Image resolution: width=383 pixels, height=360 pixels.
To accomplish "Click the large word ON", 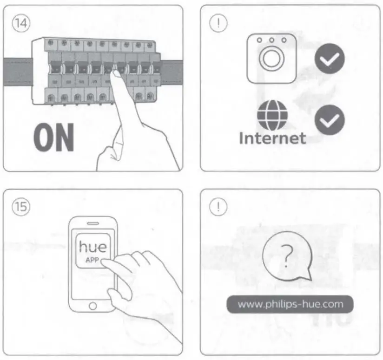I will point(54,137).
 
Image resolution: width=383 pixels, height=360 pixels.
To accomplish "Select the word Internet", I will point(272,137).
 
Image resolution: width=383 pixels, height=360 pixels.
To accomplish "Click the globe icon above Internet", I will point(272,115).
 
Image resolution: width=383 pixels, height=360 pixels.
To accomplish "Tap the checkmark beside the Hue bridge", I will point(330,59).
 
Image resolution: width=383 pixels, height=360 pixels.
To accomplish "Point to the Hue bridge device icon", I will point(272,59).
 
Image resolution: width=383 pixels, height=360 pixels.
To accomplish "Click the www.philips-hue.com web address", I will point(291,305).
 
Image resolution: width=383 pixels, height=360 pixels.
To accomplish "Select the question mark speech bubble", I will point(286,255).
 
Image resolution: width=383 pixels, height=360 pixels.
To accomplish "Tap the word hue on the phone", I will point(92,246).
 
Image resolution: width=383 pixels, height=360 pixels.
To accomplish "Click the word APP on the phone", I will point(92,260).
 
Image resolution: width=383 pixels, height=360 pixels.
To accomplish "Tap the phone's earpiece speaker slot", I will point(93,223).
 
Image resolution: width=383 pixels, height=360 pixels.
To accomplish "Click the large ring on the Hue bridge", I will point(272,60).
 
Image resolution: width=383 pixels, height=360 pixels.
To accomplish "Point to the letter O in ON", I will point(43,137).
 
